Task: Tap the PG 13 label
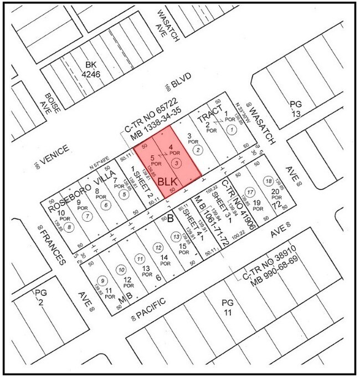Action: (x=297, y=109)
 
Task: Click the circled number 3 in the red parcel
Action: (x=176, y=163)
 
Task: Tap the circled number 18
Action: (x=269, y=182)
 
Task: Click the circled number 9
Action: (x=101, y=280)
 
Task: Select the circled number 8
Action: (x=68, y=227)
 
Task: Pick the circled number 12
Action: (x=158, y=247)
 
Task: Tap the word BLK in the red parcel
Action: (x=168, y=181)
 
